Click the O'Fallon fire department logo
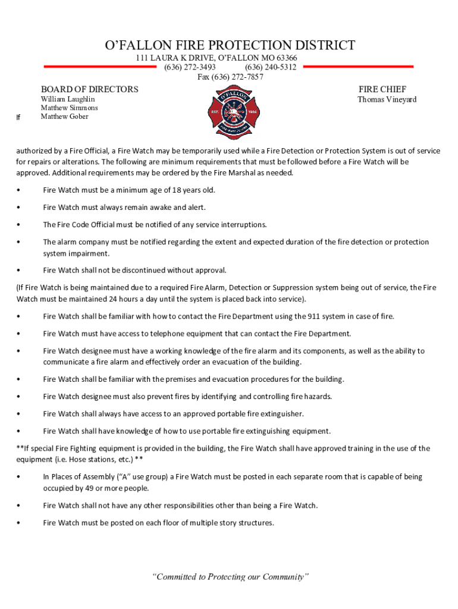tap(228, 112)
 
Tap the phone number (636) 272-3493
tap(190, 67)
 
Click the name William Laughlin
tap(67, 99)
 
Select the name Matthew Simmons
tap(69, 108)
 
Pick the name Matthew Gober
tap(64, 117)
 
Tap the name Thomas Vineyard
tap(387, 99)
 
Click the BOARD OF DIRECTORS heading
tap(89, 89)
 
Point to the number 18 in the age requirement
tap(176, 190)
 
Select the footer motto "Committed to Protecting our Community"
tap(231, 576)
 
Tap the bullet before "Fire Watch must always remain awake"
tap(20, 208)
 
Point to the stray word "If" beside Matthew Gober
tap(18, 118)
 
